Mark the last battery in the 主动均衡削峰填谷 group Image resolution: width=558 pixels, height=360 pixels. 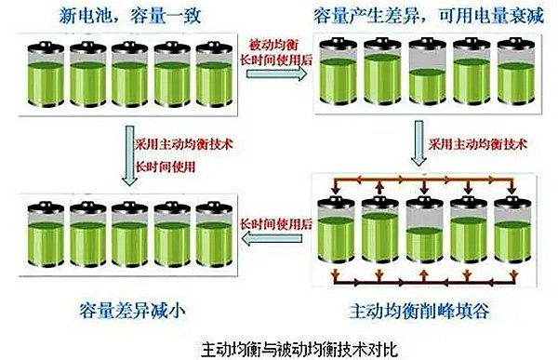coord(508,232)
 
